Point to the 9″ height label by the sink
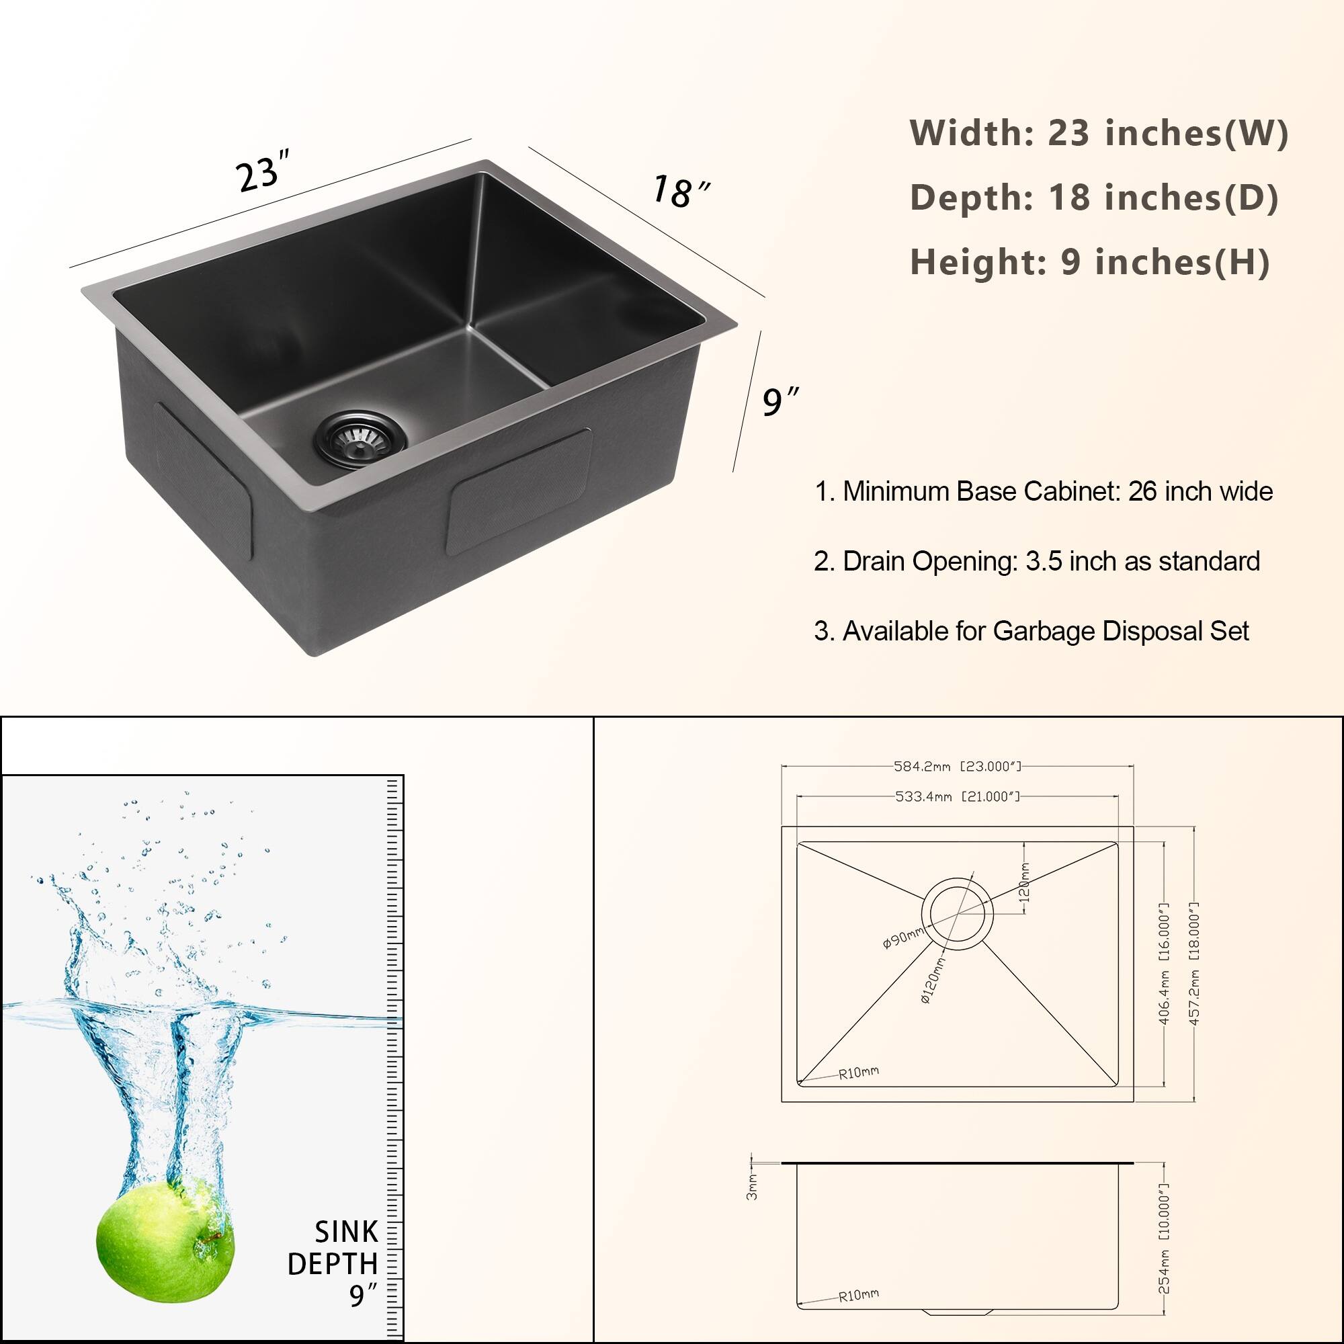(x=779, y=403)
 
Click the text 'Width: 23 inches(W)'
(x=1099, y=133)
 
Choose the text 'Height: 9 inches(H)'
(x=1089, y=262)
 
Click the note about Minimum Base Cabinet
(x=1043, y=492)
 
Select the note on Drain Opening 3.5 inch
(x=1036, y=561)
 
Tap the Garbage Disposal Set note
(x=1031, y=631)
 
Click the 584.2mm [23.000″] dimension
(x=957, y=767)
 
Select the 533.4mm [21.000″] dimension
(x=957, y=796)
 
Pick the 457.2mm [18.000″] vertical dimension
(x=1193, y=964)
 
